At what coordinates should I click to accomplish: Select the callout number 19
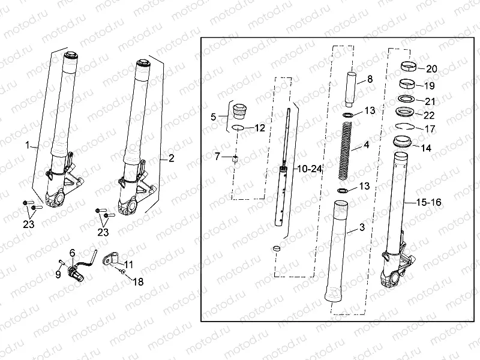pos(431,85)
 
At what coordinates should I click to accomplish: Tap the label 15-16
pos(428,203)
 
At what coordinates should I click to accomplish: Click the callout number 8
pos(370,79)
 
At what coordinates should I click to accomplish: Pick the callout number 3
pos(362,227)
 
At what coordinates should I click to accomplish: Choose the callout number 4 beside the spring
pos(366,146)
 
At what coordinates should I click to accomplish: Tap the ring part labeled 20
pos(409,66)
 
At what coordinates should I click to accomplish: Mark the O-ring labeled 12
pos(238,128)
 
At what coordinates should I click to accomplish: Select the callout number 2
pos(172,158)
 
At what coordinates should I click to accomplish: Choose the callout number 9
pos(58,275)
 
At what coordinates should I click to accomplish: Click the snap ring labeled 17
pos(405,127)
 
